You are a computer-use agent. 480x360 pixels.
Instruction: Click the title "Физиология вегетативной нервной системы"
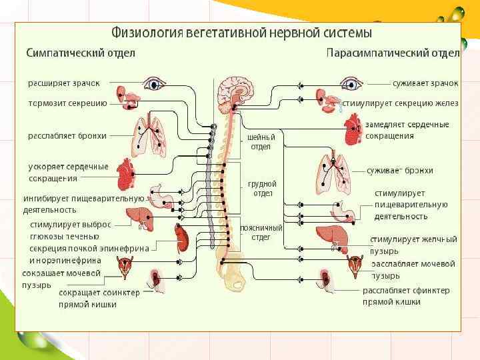click(x=241, y=32)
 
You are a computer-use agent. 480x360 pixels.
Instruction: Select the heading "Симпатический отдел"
click(x=81, y=53)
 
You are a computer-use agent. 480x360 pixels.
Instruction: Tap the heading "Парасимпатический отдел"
click(x=393, y=53)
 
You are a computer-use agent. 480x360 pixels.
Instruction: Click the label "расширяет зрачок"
click(x=64, y=83)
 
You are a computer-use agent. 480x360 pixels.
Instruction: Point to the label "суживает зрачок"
click(x=425, y=83)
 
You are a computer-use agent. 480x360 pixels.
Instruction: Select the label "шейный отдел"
click(x=261, y=141)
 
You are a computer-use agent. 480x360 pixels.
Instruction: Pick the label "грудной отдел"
click(x=261, y=188)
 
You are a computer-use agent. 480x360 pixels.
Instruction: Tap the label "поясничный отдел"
click(x=261, y=232)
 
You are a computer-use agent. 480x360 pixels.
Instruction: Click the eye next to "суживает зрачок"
click(x=349, y=83)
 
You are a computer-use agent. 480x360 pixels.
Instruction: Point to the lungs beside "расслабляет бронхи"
click(x=149, y=135)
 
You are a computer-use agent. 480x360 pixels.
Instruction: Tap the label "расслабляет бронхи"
click(x=67, y=135)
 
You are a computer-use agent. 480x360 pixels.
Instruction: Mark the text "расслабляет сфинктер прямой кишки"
click(x=405, y=296)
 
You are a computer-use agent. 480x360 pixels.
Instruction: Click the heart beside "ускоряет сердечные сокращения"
click(x=126, y=174)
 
